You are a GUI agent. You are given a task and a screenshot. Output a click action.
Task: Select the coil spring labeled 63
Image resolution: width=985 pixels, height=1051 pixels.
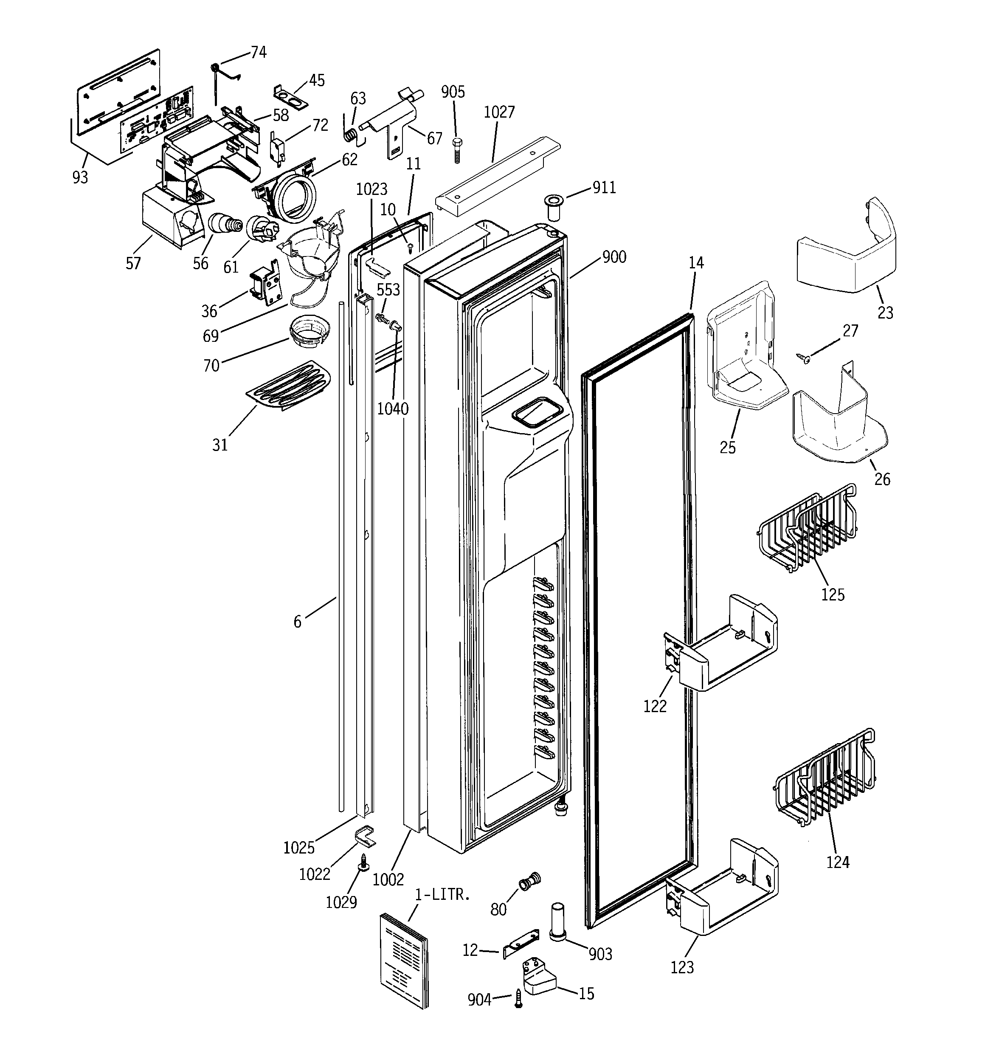pyautogui.click(x=350, y=135)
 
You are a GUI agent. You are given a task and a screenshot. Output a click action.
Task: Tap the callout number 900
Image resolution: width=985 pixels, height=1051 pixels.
pyautogui.click(x=614, y=257)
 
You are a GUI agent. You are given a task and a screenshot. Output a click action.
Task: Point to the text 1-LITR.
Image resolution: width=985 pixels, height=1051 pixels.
pyautogui.click(x=442, y=895)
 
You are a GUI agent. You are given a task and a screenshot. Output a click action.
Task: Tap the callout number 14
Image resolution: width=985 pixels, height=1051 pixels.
pyautogui.click(x=696, y=263)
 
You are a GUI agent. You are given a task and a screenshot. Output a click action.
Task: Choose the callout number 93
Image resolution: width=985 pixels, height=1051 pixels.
pyautogui.click(x=80, y=177)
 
